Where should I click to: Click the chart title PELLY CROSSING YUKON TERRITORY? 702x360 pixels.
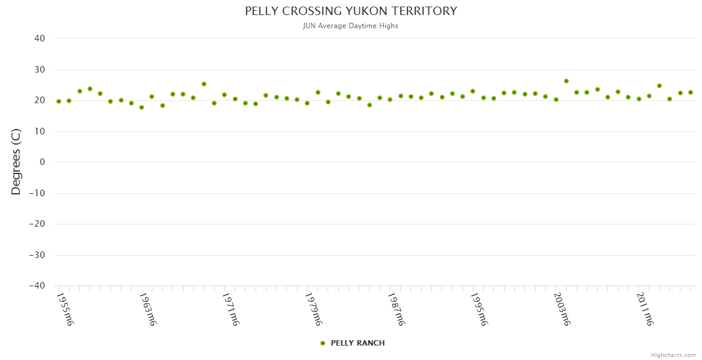click(x=351, y=11)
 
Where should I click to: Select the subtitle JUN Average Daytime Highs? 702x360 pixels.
click(x=351, y=26)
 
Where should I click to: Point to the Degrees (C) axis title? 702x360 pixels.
click(x=16, y=162)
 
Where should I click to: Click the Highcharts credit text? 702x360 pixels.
click(x=673, y=355)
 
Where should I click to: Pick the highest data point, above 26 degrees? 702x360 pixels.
click(x=566, y=81)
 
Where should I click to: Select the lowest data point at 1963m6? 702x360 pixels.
click(x=142, y=107)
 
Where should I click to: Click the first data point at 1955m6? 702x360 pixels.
click(x=59, y=101)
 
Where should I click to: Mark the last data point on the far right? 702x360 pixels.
click(x=691, y=92)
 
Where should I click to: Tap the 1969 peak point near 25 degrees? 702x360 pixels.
click(x=204, y=84)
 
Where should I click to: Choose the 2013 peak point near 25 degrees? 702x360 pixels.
click(x=659, y=86)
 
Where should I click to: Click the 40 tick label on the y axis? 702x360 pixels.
click(x=40, y=38)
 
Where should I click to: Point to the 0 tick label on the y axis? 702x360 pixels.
click(x=43, y=162)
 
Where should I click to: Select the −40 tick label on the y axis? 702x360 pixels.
click(x=37, y=286)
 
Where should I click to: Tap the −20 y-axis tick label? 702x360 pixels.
click(x=37, y=224)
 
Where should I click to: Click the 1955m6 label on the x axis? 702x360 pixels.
click(x=65, y=309)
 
